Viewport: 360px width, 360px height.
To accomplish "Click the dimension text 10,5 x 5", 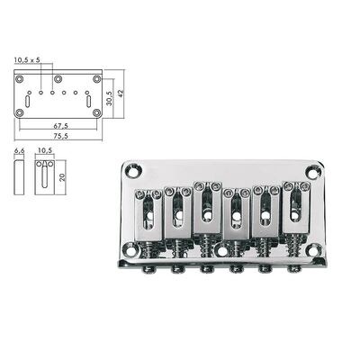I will (28, 60).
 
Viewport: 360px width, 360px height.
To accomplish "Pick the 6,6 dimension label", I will (19, 154).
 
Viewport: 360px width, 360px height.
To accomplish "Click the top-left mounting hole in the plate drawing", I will (21, 76).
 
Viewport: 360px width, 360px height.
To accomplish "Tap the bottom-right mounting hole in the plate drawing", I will (96, 113).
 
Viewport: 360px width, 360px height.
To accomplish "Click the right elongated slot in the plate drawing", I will (88, 102).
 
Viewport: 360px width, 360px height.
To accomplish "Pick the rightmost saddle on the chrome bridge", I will (293, 212).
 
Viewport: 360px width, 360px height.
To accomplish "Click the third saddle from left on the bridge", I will (206, 213).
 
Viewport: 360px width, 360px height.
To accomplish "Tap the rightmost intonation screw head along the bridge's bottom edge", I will (292, 267).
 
